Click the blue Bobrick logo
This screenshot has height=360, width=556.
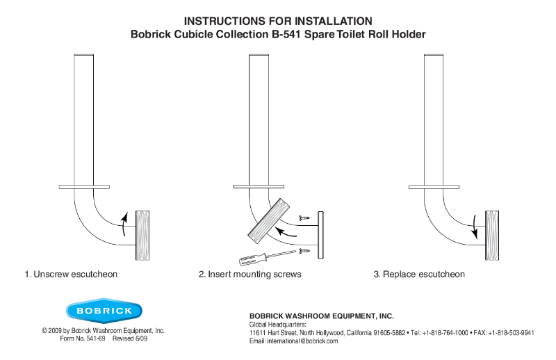pyautogui.click(x=104, y=310)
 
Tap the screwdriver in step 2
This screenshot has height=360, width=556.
pyautogui.click(x=256, y=259)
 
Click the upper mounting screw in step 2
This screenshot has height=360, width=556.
pyautogui.click(x=304, y=218)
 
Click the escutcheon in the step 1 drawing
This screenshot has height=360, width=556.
pyautogui.click(x=143, y=235)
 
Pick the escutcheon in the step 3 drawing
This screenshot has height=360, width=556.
pyautogui.click(x=492, y=235)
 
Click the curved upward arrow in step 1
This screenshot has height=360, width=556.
pyautogui.click(x=124, y=224)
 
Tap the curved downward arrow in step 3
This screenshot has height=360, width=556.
pyautogui.click(x=475, y=224)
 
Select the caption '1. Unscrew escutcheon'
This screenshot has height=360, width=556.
pyautogui.click(x=71, y=275)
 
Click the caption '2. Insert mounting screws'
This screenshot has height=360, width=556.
pyautogui.click(x=250, y=275)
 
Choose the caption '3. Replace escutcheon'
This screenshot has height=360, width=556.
pyautogui.click(x=419, y=275)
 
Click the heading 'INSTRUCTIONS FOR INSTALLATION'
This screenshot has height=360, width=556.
pyautogui.click(x=278, y=21)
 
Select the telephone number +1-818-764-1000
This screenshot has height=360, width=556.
pyautogui.click(x=444, y=333)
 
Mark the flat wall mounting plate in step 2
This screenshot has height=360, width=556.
pyautogui.click(x=321, y=235)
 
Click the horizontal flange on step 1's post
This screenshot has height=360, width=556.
pyautogui.click(x=84, y=186)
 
